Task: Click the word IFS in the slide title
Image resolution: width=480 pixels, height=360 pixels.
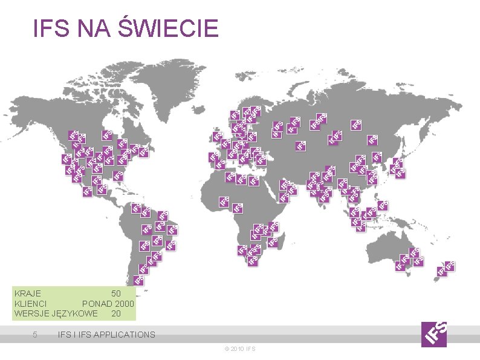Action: point(50,28)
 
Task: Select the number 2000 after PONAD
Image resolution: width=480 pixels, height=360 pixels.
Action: point(123,303)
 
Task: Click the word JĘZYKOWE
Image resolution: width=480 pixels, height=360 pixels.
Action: point(75,313)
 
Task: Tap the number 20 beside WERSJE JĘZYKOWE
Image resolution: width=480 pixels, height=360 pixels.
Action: point(115,313)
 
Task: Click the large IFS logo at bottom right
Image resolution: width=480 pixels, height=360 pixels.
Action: point(434,333)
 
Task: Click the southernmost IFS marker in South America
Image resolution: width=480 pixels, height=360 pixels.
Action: point(138,280)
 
